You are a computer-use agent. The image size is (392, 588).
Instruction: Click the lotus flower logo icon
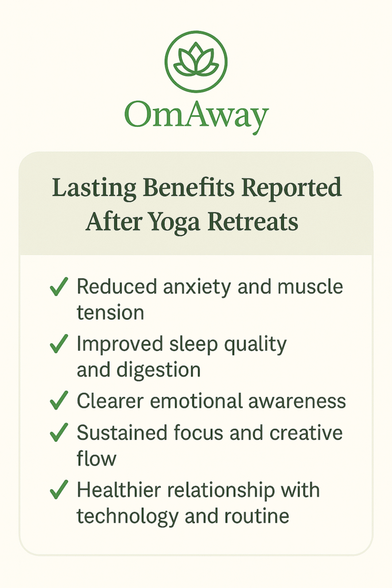coord(196,61)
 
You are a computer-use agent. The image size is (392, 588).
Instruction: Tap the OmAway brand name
coord(196,116)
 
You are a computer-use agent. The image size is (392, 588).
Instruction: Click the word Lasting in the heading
coord(94,188)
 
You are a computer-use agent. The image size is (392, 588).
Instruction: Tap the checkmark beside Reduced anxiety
coord(59,287)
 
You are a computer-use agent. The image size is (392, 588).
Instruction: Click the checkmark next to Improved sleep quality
coord(59,344)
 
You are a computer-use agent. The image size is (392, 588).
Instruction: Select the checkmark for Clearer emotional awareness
coord(59,400)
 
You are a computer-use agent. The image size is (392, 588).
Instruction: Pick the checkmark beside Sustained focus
coord(59,432)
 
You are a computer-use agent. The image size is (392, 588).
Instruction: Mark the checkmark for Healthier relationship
coord(59,490)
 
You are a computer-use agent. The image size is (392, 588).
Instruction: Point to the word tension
coord(111,312)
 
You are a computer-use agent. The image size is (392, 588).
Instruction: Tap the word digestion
coord(158,370)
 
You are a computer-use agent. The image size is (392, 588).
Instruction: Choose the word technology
coord(127,517)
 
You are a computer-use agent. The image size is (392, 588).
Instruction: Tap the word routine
coord(257,516)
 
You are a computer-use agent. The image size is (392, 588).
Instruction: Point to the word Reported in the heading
coord(292,188)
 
